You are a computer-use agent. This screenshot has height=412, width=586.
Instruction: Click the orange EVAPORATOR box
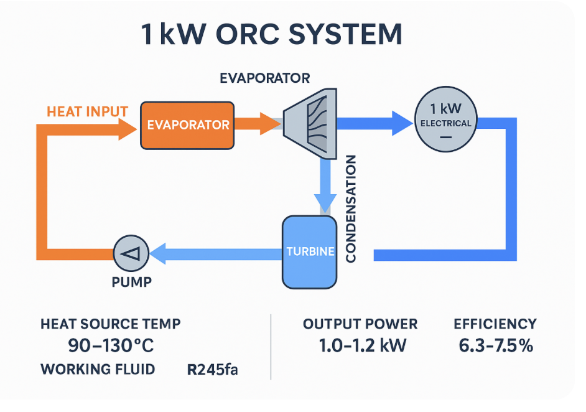187,125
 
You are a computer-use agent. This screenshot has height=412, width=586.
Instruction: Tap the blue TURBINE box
309,252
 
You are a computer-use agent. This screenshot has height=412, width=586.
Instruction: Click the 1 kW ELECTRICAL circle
445,123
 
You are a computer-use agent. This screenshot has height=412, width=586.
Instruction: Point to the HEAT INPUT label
87,112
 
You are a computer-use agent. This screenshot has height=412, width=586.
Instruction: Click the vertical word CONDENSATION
351,208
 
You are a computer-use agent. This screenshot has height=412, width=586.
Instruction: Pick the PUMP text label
131,282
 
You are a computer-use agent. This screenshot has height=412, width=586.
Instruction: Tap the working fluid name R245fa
212,370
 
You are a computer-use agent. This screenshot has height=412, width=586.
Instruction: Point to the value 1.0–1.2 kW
360,346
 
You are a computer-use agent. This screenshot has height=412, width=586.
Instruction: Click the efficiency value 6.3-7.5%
496,346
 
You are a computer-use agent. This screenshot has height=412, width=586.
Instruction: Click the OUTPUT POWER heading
360,324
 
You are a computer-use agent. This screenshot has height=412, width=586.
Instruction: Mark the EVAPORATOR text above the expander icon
264,78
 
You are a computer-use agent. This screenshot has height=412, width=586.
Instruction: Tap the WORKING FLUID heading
98,369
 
